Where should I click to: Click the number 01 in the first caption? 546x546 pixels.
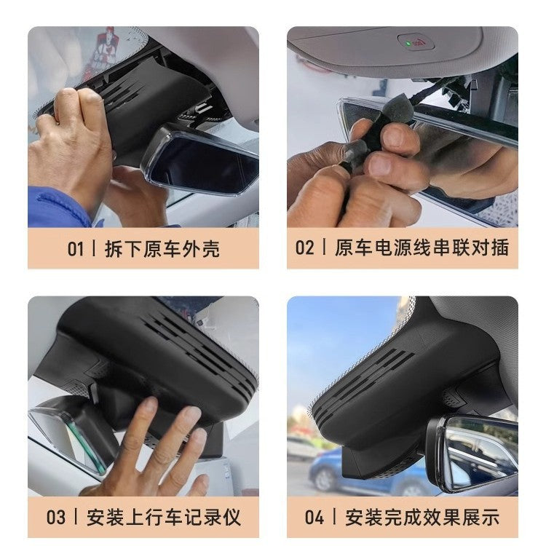pyautogui.click(x=76, y=248)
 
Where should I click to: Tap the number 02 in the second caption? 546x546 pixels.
pyautogui.click(x=304, y=248)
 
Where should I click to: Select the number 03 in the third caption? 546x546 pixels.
pyautogui.click(x=56, y=518)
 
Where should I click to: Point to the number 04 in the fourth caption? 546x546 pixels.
pyautogui.click(x=314, y=518)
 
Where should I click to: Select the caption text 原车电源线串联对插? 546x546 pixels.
pyautogui.click(x=422, y=248)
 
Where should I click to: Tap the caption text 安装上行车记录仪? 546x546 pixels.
pyautogui.click(x=163, y=518)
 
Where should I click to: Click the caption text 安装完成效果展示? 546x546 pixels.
pyautogui.click(x=422, y=518)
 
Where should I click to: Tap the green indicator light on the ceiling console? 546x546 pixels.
pyautogui.click(x=408, y=44)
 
